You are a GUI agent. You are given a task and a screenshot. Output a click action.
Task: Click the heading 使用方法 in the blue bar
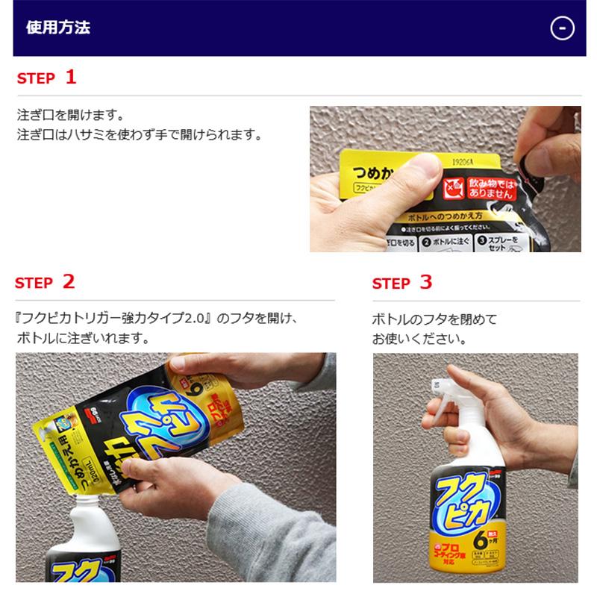click(x=58, y=28)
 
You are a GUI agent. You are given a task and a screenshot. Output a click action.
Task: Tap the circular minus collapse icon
click(x=561, y=28)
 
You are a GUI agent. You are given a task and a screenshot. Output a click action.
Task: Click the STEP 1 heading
click(x=46, y=77)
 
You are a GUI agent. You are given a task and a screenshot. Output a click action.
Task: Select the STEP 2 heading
click(x=46, y=282)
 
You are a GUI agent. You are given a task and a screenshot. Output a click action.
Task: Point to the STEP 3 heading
click(x=402, y=283)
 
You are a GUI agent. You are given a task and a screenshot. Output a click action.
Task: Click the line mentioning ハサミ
click(x=139, y=136)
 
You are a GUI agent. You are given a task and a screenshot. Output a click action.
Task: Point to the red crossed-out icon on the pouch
click(x=452, y=187)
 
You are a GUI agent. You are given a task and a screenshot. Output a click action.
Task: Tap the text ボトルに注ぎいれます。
click(x=82, y=338)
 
